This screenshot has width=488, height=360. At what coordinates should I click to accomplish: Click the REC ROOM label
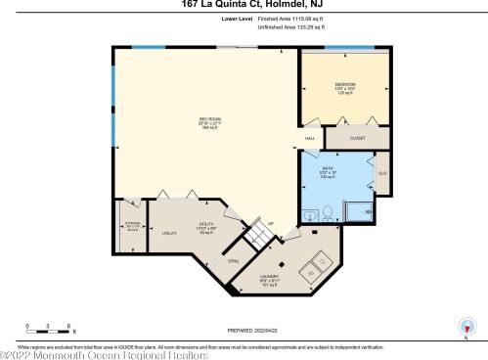(205, 119)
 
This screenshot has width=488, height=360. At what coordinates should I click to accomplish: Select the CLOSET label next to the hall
(357, 138)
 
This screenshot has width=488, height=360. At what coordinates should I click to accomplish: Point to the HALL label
(310, 138)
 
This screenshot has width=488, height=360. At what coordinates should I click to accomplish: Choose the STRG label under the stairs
(234, 260)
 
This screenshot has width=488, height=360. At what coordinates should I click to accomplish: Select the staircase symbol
(258, 236)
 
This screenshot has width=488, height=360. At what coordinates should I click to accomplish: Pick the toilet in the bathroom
(330, 212)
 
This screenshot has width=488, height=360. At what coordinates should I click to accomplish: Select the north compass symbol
(466, 328)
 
